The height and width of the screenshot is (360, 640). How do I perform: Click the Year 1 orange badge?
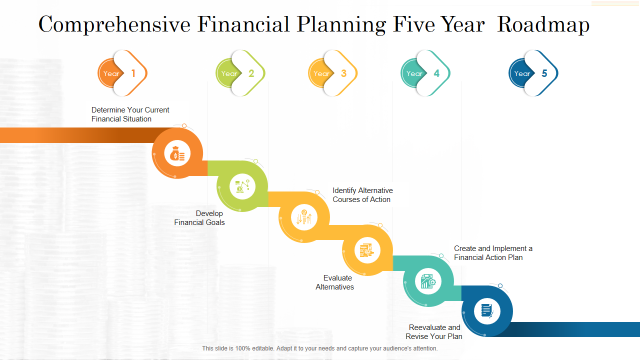122,73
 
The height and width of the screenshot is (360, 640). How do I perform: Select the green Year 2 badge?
240,73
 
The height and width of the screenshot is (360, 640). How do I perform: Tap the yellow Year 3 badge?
332,73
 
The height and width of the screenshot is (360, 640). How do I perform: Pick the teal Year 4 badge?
425,73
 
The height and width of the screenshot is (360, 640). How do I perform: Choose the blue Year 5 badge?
533,73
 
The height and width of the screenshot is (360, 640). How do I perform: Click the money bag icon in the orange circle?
177,153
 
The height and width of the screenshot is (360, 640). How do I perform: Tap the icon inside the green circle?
242,186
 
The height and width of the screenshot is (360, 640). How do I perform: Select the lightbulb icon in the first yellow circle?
304,217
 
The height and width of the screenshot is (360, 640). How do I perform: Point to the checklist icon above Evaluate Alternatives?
367,250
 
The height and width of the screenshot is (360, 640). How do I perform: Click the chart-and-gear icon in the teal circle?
428,281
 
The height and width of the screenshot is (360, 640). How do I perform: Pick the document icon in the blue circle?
487,311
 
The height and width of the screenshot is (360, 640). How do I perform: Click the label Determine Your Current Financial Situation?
130,114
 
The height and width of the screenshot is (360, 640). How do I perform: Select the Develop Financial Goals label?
199,217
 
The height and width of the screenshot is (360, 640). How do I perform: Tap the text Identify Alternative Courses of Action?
362,195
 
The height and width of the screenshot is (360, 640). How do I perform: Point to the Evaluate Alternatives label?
334,282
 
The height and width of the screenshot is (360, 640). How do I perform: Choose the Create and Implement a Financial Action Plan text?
493,253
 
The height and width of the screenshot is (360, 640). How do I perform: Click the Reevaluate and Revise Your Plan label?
434,331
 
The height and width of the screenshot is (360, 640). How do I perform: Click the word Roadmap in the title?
543,24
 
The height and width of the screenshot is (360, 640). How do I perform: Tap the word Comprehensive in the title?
114,24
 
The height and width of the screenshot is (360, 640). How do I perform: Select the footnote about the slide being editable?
319,348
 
